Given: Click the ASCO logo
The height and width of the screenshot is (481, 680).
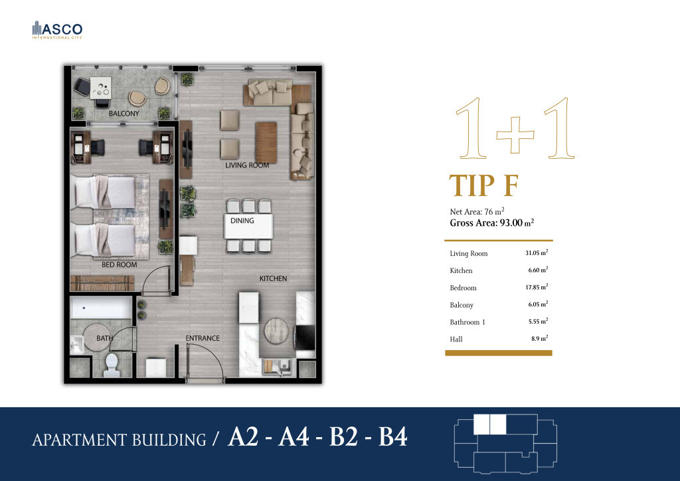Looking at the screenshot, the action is [57, 30].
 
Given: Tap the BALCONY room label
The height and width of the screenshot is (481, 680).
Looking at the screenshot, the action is [124, 114].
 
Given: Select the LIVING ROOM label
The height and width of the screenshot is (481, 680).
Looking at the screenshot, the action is [247, 165].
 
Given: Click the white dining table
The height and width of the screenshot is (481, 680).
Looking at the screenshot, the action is [248, 226].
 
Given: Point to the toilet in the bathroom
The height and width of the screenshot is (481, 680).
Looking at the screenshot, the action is [112, 365].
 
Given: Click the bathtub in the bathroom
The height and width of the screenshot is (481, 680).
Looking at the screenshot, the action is [101, 308].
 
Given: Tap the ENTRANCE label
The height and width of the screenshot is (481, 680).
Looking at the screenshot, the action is [203, 338].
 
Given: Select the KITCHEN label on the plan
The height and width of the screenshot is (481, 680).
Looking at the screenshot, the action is [273, 278].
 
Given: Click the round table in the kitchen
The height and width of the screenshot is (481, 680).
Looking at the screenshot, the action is [276, 331].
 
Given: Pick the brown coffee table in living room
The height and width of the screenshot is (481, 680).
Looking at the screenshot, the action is [266, 142].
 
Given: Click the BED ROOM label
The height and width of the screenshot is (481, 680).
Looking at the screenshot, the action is [120, 264].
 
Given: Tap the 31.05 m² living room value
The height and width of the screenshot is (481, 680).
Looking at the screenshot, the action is [537, 252].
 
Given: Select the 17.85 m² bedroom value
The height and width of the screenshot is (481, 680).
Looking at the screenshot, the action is [537, 287].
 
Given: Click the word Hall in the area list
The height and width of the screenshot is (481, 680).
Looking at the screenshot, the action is [456, 339].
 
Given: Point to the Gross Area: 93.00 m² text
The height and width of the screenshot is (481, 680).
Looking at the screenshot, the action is [492, 223].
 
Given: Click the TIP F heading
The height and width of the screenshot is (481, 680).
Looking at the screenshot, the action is [484, 185].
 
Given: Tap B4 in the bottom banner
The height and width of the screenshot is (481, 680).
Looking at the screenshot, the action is [393, 436].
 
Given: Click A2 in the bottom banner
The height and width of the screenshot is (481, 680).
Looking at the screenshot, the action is [243, 436].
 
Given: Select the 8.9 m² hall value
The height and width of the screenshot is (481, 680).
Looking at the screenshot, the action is [539, 338].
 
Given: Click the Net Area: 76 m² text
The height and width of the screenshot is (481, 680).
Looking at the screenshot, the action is [477, 212].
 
